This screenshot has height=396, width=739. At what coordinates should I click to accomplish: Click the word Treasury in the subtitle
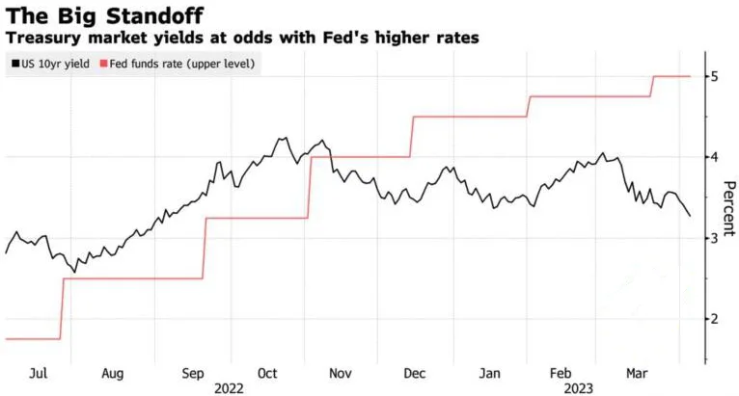click(x=40, y=38)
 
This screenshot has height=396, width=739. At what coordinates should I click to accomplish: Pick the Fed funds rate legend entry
click(x=187, y=64)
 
